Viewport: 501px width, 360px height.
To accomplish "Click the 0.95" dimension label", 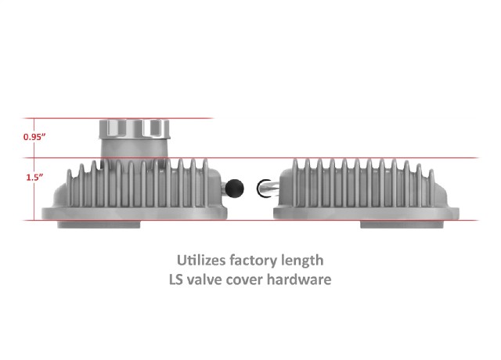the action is point(34,137).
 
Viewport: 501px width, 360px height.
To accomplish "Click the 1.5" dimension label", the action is point(34,178).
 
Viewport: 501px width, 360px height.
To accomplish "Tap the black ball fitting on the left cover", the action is point(235,189).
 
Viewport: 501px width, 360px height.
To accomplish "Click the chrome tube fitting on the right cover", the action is point(268,188).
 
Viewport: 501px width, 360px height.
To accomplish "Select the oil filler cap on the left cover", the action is point(134,128).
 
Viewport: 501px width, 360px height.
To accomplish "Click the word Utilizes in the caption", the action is point(201,261).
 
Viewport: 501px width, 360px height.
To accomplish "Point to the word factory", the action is point(254,261).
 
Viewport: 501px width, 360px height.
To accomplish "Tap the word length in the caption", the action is point(302,261).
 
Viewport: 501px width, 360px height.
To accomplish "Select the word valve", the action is point(204,279).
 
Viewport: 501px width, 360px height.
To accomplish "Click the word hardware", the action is point(299,279).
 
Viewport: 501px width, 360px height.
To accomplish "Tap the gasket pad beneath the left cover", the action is point(99,225).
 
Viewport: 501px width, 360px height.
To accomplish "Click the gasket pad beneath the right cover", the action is point(402,225).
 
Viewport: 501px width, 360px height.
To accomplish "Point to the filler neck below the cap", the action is point(134,149).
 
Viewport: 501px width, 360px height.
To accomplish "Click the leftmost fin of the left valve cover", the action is point(69,188).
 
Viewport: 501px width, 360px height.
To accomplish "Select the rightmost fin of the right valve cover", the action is point(431,188).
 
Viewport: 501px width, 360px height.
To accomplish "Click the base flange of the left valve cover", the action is point(134,214).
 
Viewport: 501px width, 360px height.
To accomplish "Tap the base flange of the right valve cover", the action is point(366,214).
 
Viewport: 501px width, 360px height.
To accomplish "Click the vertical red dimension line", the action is point(34,169).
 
